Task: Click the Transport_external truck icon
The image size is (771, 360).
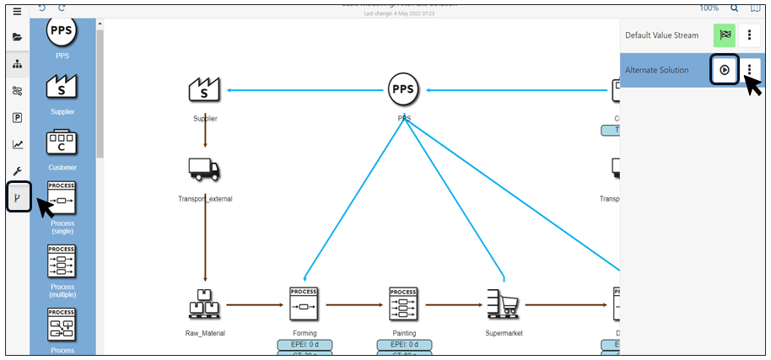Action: coord(203,169)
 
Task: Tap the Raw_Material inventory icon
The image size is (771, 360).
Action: coord(205,304)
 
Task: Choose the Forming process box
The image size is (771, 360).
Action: coord(304,303)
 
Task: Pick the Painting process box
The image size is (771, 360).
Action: coord(404,303)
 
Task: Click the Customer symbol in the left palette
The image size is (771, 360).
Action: coord(62,142)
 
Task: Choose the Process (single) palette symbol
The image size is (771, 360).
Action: coord(62,198)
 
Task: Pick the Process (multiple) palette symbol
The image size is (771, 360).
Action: coord(62,261)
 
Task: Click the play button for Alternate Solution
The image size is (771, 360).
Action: coord(725,70)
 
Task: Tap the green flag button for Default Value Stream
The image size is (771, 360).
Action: coord(725,35)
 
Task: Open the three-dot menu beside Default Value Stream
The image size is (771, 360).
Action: coord(749,35)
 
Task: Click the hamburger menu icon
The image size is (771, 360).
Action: coord(17,11)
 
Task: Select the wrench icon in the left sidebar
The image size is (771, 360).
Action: coord(17,170)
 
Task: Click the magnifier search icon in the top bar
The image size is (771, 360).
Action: coord(734,8)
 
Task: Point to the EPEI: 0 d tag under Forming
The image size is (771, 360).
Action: coord(304,345)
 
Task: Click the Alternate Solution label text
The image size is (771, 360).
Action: coord(656,70)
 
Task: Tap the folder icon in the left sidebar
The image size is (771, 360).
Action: coord(17,37)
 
